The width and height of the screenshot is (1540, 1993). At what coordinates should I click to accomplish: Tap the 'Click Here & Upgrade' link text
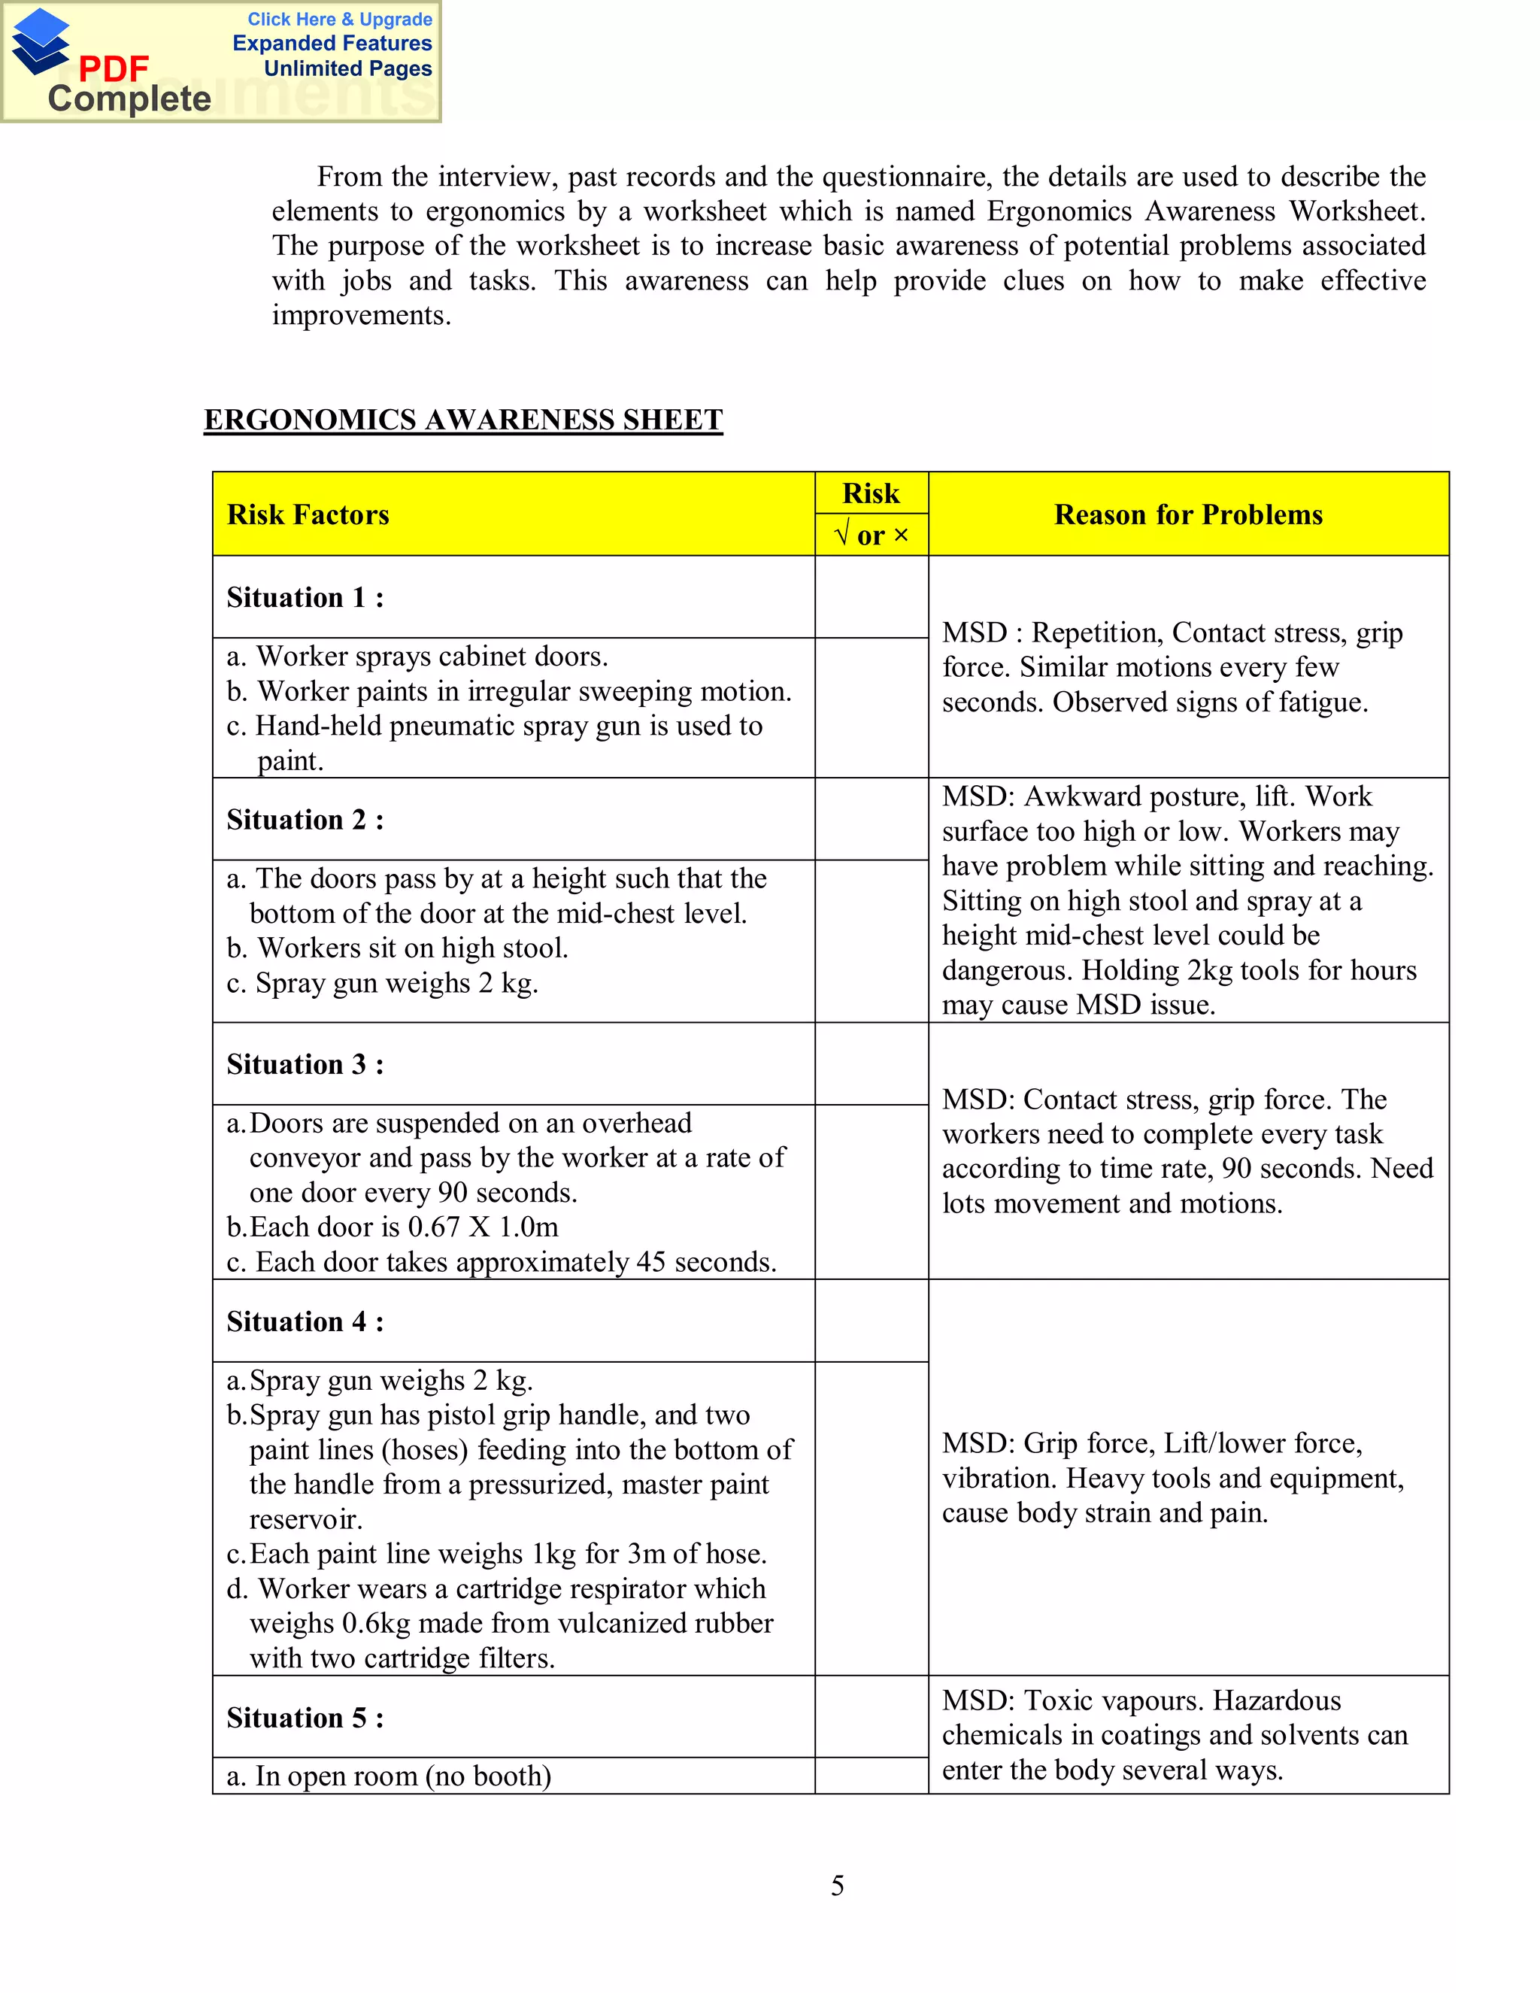(339, 19)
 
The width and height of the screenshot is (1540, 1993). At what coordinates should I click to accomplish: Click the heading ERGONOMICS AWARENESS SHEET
(462, 420)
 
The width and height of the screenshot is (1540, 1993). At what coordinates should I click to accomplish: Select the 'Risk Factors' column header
(308, 514)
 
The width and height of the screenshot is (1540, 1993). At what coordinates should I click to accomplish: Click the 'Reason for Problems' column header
(1188, 514)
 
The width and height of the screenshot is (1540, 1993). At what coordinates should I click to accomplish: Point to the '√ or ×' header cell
(872, 535)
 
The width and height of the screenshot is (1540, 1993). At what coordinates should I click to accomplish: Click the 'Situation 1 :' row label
(305, 598)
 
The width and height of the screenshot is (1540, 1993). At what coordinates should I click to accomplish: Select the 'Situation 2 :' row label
(305, 820)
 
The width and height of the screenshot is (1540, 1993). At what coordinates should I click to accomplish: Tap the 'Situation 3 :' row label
(305, 1064)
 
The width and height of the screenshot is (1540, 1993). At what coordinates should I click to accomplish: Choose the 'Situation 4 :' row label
(305, 1321)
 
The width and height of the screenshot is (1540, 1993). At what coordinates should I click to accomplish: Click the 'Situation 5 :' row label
(305, 1718)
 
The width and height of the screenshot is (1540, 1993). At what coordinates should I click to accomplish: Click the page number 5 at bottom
(837, 1885)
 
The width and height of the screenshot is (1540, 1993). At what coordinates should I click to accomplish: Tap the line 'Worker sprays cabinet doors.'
(431, 656)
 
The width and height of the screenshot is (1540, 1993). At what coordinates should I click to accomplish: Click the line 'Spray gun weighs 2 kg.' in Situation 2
(396, 983)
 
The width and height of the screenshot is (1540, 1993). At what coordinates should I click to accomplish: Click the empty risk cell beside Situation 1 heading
(872, 597)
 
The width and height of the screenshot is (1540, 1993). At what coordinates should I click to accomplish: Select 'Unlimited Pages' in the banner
(347, 68)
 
